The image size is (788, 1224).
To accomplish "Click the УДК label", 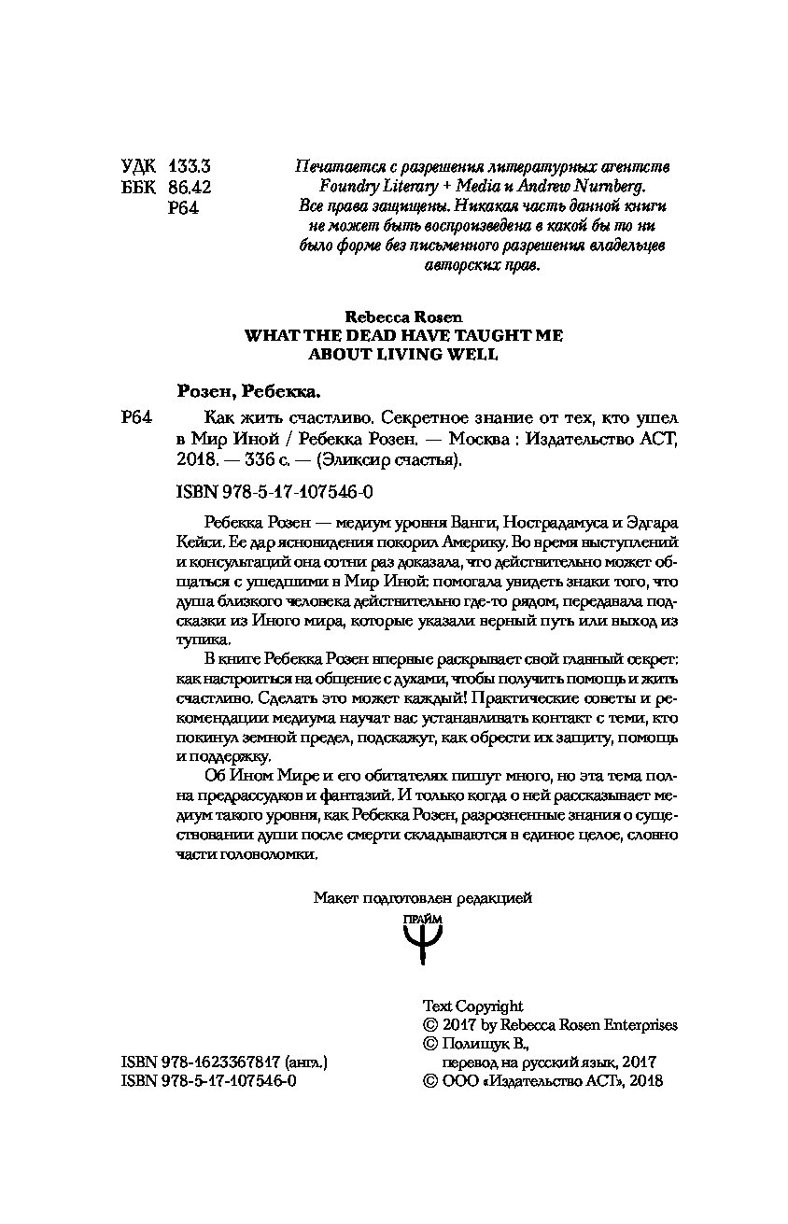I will [x=139, y=165].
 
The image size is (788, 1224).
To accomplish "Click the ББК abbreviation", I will [x=139, y=187].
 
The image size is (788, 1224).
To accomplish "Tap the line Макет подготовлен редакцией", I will [x=422, y=898].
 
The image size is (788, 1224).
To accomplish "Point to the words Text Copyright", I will [x=472, y=1006].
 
